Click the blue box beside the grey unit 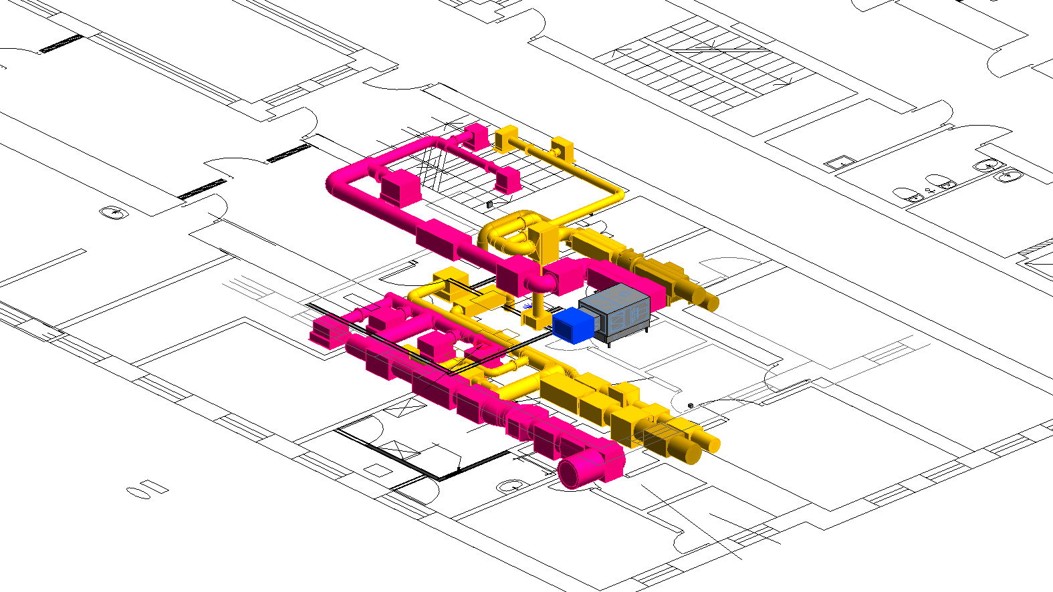573,325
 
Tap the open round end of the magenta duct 572,473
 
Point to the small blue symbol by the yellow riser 528,307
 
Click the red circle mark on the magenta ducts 479,346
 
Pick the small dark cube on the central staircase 489,204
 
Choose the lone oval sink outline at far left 114,212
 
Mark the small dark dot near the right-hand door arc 691,405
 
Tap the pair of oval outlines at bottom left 147,488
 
